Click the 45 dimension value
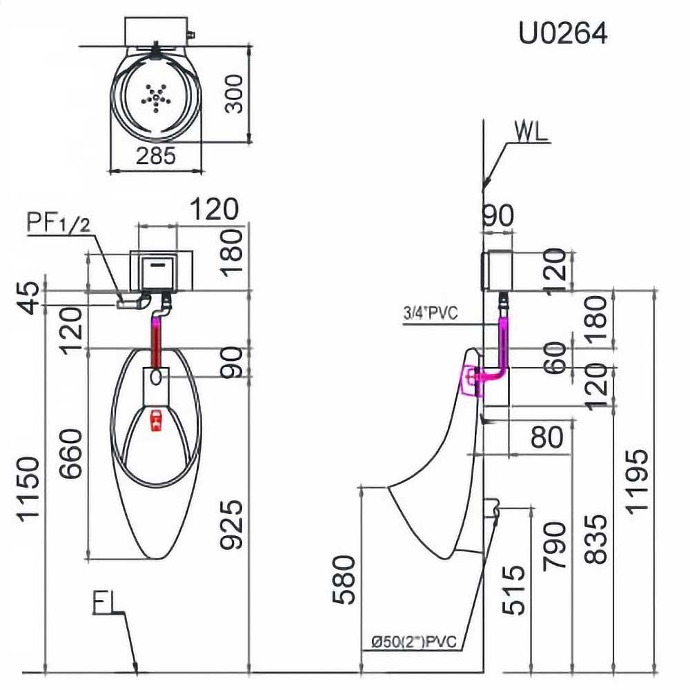click(32, 296)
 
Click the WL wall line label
click(531, 132)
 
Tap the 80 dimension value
click(549, 437)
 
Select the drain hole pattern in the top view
click(156, 96)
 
